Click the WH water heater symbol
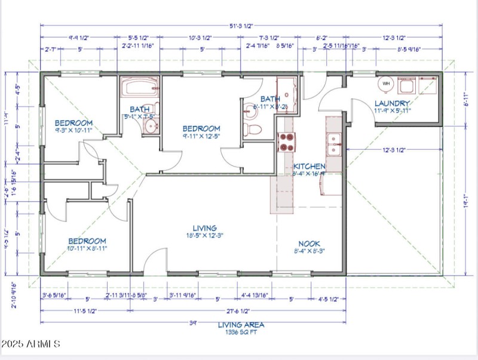point(386,84)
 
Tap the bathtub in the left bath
point(140,88)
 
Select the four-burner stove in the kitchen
point(286,141)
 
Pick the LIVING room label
point(204,228)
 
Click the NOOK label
point(309,244)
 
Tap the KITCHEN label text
point(309,166)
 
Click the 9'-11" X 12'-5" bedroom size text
point(201,137)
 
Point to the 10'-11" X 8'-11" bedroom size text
point(87,248)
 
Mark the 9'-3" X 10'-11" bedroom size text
point(73,130)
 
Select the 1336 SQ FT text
point(241,331)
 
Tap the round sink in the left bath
point(152,125)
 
